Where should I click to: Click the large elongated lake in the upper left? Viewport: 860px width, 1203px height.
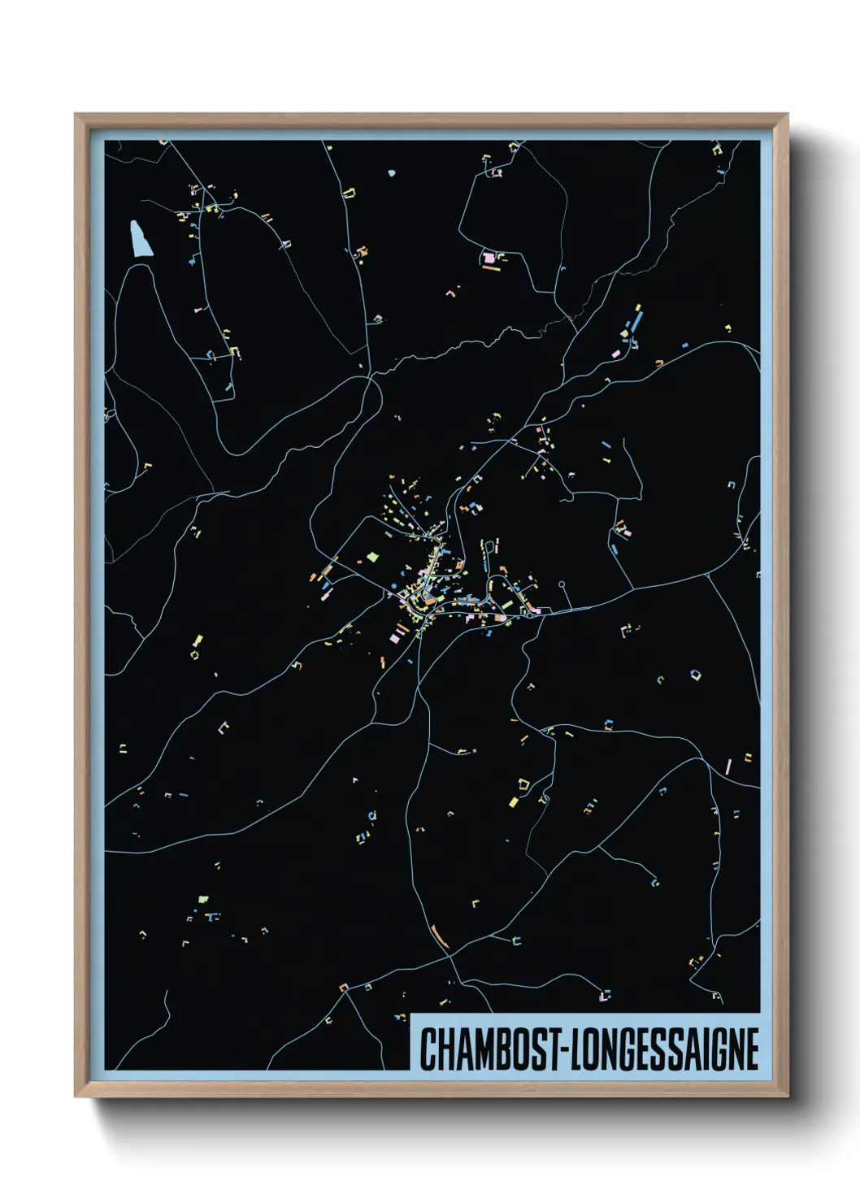tap(141, 238)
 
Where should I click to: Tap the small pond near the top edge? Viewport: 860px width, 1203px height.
tap(392, 173)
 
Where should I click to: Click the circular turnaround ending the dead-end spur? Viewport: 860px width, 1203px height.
tap(562, 584)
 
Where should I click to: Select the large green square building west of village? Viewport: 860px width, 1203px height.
tap(373, 557)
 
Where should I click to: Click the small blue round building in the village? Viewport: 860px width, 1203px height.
tap(394, 585)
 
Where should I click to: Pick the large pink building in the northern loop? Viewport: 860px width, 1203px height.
tap(489, 258)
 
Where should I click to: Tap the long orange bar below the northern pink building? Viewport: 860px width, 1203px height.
tap(490, 268)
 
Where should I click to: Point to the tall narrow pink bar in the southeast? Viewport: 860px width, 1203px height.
tap(728, 766)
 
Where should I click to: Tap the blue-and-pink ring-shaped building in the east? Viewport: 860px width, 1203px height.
tap(695, 674)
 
